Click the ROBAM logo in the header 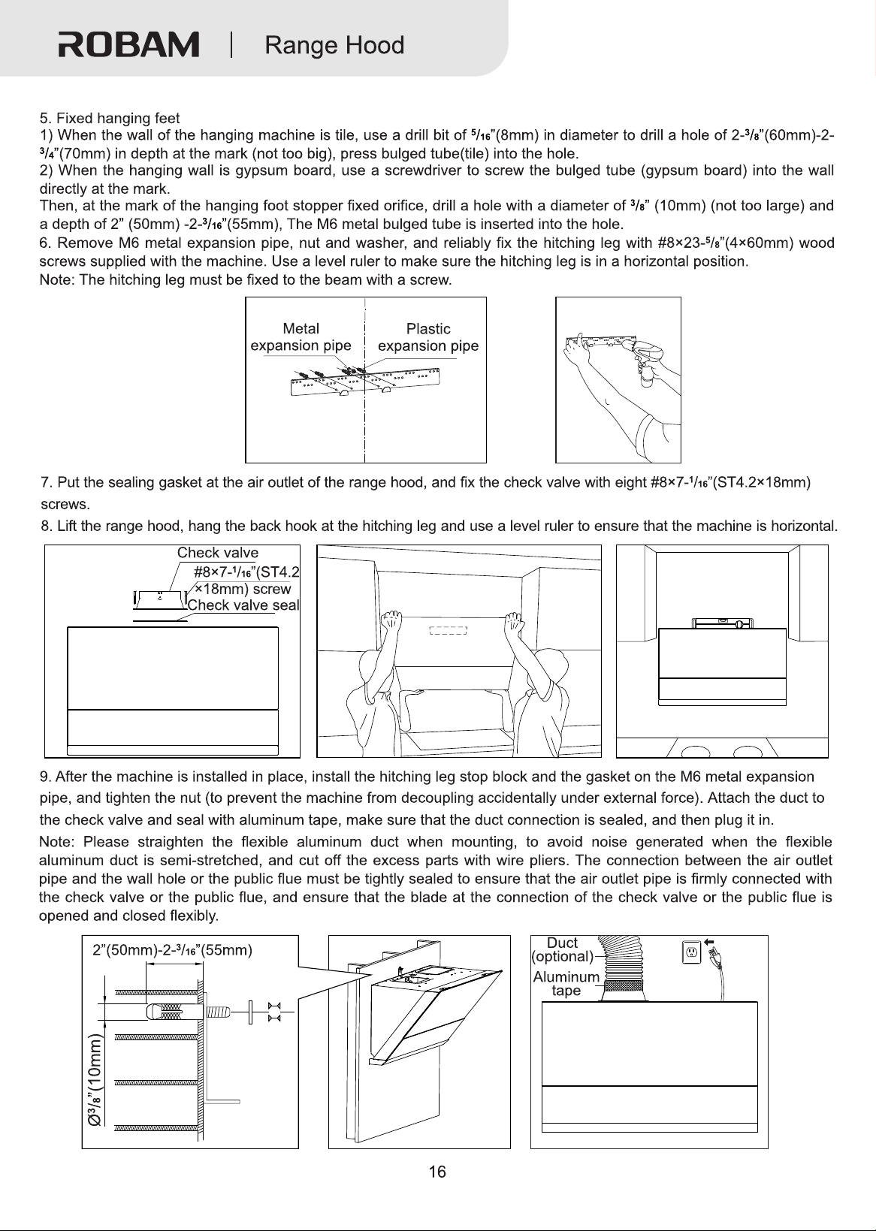[129, 45]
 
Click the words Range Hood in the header [334, 45]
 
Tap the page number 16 [437, 1172]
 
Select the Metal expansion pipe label [301, 337]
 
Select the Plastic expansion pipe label [428, 337]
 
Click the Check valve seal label [243, 605]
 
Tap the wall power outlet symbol [691, 952]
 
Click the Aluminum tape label [566, 983]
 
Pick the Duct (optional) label [563, 949]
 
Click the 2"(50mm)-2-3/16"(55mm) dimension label [172, 951]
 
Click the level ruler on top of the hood [722, 623]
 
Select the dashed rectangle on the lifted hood [448, 630]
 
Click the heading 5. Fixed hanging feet [110, 118]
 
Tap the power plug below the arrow [716, 960]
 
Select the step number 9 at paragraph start [44, 777]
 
